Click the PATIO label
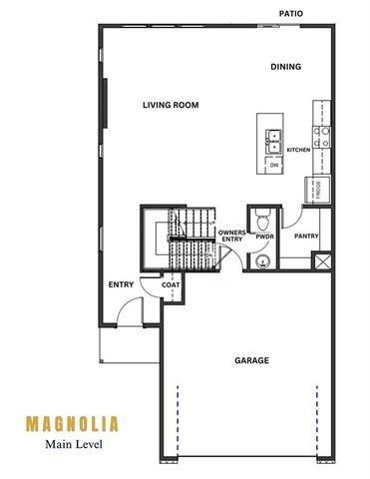click(x=291, y=14)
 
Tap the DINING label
click(x=286, y=67)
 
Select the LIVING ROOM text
click(x=171, y=104)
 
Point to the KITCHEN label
click(x=298, y=150)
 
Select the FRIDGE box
click(x=316, y=189)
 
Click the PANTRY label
click(x=305, y=236)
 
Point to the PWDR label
click(x=264, y=239)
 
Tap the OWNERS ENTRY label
click(x=231, y=236)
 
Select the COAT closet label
click(x=171, y=285)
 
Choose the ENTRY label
click(x=121, y=285)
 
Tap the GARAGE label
click(x=251, y=360)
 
